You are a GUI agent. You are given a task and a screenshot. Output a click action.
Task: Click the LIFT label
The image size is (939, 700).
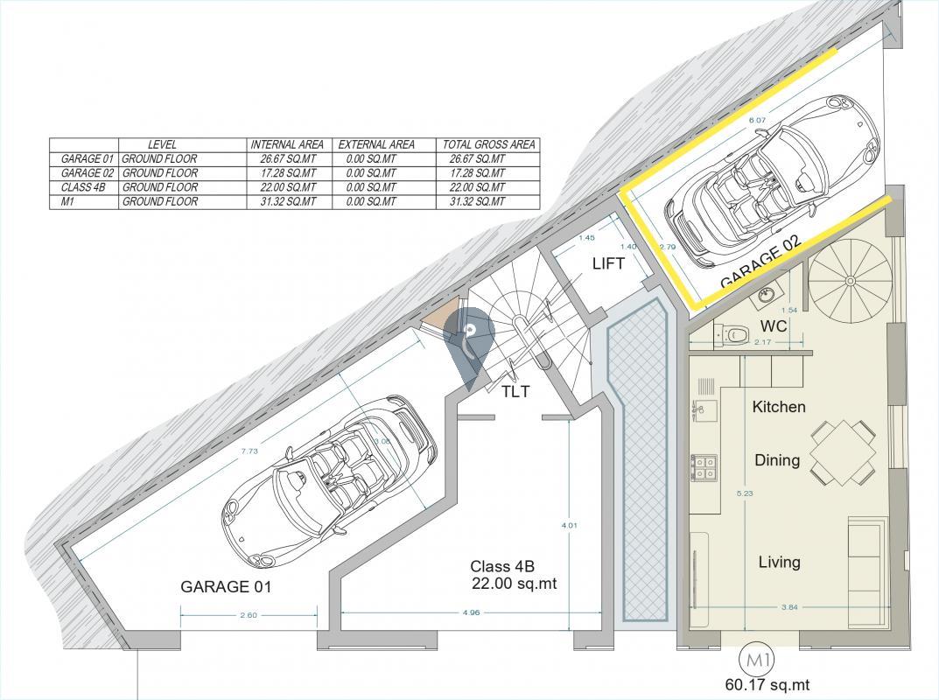point(608,262)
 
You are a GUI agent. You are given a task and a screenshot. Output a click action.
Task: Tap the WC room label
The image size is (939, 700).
point(774,326)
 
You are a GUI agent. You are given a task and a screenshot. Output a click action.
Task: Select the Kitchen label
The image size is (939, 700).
point(779,407)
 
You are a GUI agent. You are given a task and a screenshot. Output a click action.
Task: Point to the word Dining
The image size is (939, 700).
point(777,460)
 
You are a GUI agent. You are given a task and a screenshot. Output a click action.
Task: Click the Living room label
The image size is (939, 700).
point(779,563)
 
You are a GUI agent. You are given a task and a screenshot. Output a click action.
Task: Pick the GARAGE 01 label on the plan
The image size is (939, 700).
point(226,587)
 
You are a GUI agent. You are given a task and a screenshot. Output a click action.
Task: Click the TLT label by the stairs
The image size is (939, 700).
point(515,392)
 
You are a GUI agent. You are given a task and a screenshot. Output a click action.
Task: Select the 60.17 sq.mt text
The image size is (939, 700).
point(760,685)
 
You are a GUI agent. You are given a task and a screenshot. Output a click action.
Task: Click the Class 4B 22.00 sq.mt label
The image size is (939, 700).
point(514,575)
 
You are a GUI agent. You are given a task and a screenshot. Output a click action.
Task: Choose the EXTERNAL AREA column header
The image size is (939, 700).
point(376,144)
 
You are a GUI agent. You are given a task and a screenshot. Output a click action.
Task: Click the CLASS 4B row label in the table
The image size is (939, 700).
point(83,187)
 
